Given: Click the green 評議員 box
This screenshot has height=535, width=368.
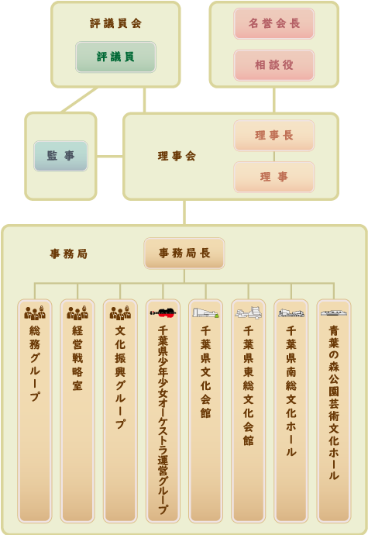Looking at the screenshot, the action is tap(115, 57).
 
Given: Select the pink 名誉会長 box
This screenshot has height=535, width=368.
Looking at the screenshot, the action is tap(273, 23).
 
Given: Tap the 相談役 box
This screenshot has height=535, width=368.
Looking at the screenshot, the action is tap(273, 65).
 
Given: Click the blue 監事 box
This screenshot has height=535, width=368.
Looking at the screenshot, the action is tap(60, 156).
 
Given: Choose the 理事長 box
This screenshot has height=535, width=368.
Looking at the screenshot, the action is tap(273, 136).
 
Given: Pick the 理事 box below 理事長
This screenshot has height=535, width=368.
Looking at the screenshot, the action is tap(273, 177).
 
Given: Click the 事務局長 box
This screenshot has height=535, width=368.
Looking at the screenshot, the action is tap(184, 254).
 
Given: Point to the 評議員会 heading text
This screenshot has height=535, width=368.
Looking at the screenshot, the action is tap(115, 23).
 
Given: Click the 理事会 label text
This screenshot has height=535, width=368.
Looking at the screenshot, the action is tap(177, 157).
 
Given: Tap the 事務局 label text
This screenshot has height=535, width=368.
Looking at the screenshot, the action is tap(68, 254).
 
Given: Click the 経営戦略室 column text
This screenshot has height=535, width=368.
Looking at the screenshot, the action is tap(77, 358).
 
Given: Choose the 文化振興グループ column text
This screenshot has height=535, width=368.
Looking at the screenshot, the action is tap(120, 377).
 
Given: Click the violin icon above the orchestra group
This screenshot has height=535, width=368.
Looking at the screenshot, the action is tap(163, 312).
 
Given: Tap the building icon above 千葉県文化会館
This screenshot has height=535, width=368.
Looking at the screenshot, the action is tap(205, 313).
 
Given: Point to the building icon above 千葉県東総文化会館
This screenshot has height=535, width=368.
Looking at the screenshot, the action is tap(248, 312).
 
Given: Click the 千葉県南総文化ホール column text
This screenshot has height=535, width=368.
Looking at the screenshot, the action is tap(291, 391).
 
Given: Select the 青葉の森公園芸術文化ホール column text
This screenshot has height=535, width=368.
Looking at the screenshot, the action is tap(334, 402).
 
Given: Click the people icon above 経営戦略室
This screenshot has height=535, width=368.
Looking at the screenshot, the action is tap(77, 312).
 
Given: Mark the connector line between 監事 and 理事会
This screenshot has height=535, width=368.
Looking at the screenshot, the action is tap(109, 157).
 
